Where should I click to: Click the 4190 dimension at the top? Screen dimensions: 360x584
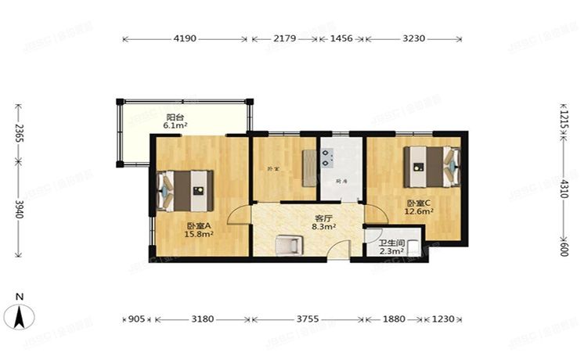point(185,38)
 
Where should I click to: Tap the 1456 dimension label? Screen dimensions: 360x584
point(343,38)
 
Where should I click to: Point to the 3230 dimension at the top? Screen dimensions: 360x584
point(414,38)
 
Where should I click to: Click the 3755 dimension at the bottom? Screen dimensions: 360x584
point(307,319)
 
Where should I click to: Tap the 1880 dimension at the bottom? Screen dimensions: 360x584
point(393,319)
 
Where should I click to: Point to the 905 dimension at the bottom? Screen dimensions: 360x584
point(135,319)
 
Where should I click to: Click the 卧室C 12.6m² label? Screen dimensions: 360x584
point(420,207)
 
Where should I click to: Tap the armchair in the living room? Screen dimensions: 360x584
point(288,244)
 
